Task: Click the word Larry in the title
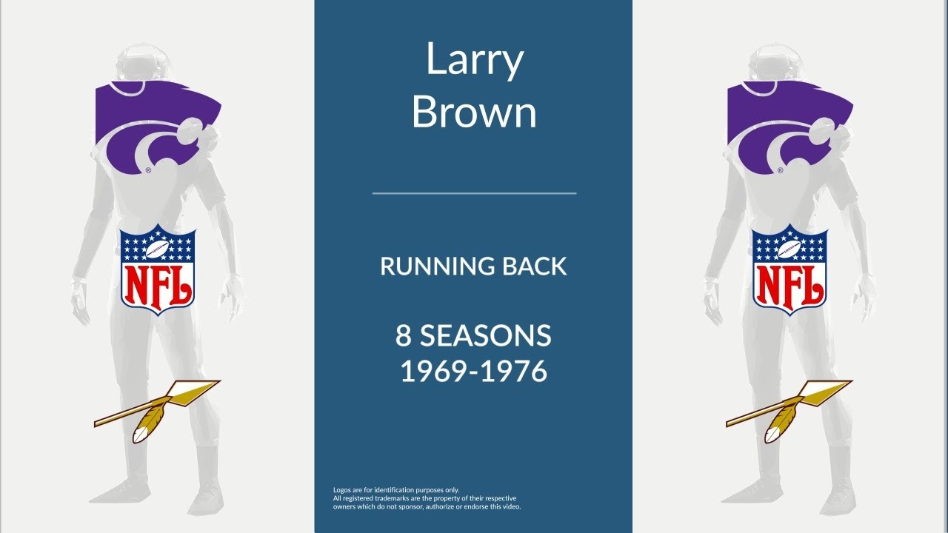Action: tap(474, 62)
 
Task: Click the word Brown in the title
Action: tap(474, 113)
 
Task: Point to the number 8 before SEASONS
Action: tap(403, 336)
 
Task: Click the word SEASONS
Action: tap(486, 336)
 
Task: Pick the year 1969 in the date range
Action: tap(433, 370)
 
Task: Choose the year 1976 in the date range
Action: tap(514, 370)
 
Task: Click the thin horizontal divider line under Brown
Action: tap(474, 193)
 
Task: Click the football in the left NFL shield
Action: tap(158, 250)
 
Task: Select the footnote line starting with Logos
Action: tap(396, 490)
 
